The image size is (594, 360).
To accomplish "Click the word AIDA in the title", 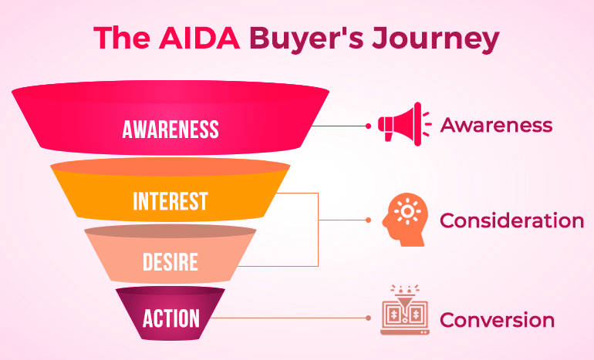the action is (x=199, y=38).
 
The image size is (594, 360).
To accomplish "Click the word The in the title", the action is (x=122, y=38).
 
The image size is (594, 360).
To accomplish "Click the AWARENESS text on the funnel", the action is (x=170, y=129).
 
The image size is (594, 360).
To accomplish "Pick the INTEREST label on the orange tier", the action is (x=170, y=201).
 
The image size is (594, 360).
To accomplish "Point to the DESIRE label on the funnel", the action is (x=170, y=261).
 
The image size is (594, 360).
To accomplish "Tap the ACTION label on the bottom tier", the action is (x=170, y=318).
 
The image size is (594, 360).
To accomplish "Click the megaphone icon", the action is (x=404, y=124).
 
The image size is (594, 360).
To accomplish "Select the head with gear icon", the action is (x=404, y=220).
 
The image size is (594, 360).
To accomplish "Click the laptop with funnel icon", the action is (x=404, y=310).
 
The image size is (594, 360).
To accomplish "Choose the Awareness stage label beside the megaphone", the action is (x=496, y=125).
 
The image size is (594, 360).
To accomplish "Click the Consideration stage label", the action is (x=511, y=220).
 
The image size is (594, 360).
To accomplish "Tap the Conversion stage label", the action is (x=497, y=320).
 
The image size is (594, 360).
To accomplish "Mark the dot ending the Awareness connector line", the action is (x=368, y=126).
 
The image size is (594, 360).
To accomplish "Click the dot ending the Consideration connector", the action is (x=368, y=220).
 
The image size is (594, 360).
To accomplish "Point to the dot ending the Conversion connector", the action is (x=368, y=318).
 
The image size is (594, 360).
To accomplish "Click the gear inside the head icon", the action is (x=407, y=211).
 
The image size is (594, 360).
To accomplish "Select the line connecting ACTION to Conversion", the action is (x=289, y=318).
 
